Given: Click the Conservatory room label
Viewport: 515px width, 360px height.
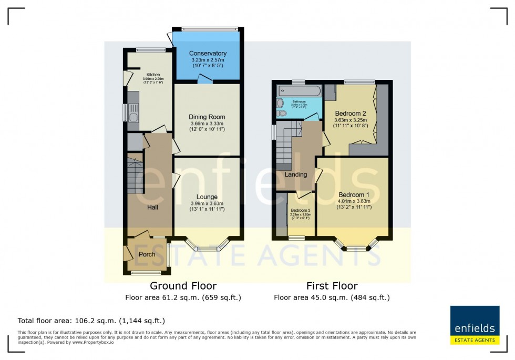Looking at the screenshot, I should tap(208, 54).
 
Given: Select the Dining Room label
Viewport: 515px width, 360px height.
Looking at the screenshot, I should tap(207, 117).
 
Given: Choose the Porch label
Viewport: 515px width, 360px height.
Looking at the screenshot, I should tap(147, 254).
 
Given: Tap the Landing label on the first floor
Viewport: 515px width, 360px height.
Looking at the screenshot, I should tap(296, 174).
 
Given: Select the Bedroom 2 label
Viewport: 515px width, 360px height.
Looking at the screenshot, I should tap(351, 114).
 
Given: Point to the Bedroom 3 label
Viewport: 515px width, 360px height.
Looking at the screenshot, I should tap(300, 210).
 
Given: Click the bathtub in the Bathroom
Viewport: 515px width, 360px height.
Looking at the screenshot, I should tap(298, 91).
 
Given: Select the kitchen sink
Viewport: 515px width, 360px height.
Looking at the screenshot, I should tap(133, 116).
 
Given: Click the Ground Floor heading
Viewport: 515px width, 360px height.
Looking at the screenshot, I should tap(183, 286).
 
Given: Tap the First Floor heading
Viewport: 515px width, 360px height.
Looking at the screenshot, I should tap(332, 286).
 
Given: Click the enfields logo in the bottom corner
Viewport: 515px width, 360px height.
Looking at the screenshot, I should tap(475, 324).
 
